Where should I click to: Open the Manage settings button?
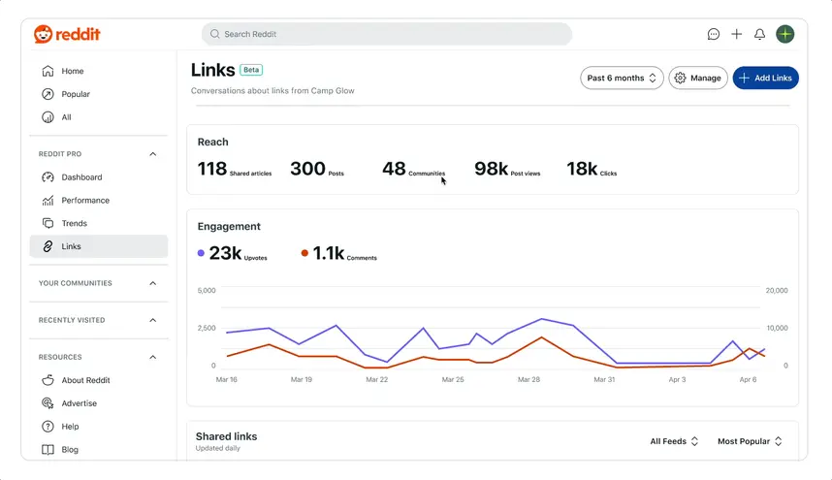(698, 78)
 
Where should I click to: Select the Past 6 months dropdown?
(622, 78)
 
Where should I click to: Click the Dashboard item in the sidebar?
(81, 177)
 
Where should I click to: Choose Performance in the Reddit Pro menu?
(85, 201)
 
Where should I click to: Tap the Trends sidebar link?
(74, 223)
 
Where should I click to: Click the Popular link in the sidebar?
(76, 94)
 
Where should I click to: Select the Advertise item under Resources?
(79, 403)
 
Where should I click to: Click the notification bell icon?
(760, 34)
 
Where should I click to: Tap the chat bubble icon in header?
(714, 34)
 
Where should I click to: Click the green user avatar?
(785, 34)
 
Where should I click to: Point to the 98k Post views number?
(492, 170)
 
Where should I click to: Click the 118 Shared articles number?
(212, 170)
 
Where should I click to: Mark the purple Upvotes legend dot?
(201, 253)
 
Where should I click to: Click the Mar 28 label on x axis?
(528, 380)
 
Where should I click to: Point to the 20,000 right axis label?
(777, 291)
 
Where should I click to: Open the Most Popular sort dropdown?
(750, 441)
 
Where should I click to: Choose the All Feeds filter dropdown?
(674, 441)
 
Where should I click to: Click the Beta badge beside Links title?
(251, 70)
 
